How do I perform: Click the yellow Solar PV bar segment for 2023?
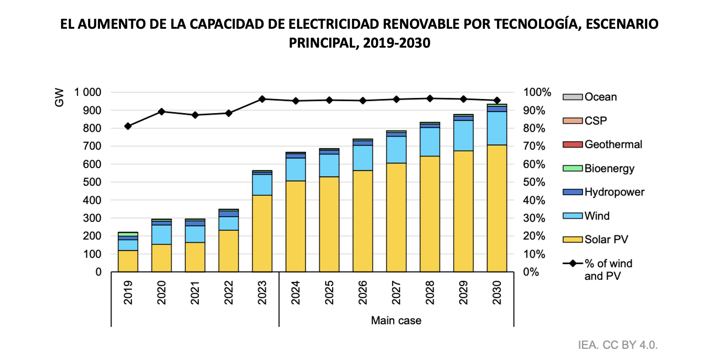tap(262, 233)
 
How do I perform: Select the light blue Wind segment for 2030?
tap(497, 128)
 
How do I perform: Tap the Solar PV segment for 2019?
tap(128, 261)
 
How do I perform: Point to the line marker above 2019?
tap(128, 126)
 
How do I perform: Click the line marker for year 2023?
tap(262, 99)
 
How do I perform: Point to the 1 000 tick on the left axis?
tap(88, 92)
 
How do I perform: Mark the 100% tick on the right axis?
tap(537, 92)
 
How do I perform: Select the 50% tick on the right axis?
tap(534, 182)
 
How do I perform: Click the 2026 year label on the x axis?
tap(363, 293)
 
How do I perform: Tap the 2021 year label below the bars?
tap(195, 293)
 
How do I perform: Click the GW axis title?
tap(59, 97)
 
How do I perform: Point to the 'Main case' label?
tap(396, 321)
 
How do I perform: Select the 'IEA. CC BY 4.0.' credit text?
tap(617, 345)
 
